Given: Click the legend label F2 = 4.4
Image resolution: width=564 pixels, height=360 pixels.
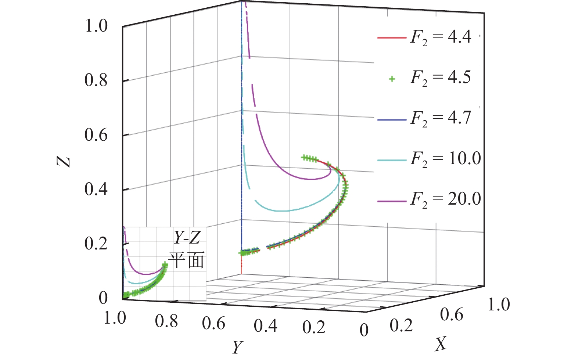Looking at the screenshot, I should point(441,37).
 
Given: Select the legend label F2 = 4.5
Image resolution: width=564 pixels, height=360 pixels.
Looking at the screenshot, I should point(441,78).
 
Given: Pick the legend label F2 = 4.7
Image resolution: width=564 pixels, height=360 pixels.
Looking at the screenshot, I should point(441,118).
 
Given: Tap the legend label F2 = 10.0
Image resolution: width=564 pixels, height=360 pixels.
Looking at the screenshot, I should point(445,159).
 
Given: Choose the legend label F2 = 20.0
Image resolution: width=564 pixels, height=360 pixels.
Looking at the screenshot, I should point(445,199).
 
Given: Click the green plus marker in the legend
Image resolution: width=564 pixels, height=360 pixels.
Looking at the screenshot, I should point(392,79).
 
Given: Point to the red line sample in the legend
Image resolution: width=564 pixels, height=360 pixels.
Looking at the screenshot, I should point(392,38).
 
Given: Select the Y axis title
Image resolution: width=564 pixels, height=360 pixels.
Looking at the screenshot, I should point(238,346).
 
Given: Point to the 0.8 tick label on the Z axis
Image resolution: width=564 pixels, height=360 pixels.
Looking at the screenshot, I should point(96,80).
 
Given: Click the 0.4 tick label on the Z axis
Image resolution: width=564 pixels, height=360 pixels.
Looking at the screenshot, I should point(96,190).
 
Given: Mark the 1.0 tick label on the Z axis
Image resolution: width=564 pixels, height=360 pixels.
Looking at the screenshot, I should point(96,26).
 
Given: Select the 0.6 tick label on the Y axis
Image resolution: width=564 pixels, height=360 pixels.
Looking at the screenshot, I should point(213,324).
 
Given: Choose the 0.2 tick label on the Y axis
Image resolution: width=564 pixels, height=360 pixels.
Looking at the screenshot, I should point(314,327).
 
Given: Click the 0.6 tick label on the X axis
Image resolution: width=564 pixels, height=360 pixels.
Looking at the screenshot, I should point(452,315).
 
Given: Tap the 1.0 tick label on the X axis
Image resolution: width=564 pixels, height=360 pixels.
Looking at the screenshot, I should point(499,305).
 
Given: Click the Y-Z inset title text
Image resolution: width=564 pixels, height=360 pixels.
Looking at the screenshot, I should point(187,238).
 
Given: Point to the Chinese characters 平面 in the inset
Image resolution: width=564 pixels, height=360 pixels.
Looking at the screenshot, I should point(186,260).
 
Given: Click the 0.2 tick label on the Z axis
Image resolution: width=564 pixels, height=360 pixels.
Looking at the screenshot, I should point(96,244).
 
